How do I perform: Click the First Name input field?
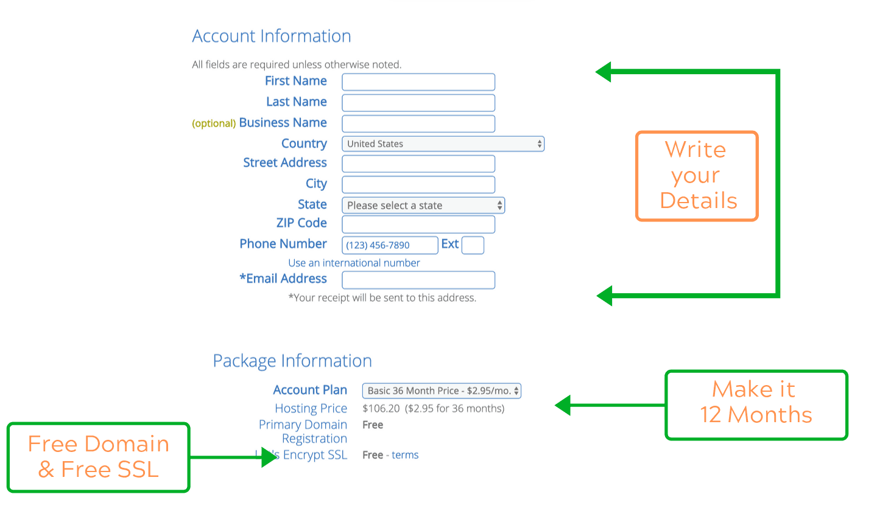click(418, 82)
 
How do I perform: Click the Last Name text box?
click(418, 103)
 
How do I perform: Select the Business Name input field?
click(418, 123)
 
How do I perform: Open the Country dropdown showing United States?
click(443, 144)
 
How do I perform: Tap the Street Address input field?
click(418, 164)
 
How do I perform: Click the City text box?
click(418, 184)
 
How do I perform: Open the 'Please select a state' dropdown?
click(423, 205)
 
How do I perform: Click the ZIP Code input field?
click(418, 224)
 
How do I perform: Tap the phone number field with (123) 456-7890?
click(390, 245)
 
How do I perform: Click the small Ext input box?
click(473, 245)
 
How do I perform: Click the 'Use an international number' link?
click(354, 263)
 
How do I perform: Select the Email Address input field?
click(418, 280)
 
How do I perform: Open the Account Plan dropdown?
click(442, 391)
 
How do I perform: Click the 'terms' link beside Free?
click(405, 454)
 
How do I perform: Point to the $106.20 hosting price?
click(381, 409)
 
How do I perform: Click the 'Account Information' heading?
click(272, 36)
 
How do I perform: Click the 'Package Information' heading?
click(292, 361)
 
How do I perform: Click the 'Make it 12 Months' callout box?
click(756, 372)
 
